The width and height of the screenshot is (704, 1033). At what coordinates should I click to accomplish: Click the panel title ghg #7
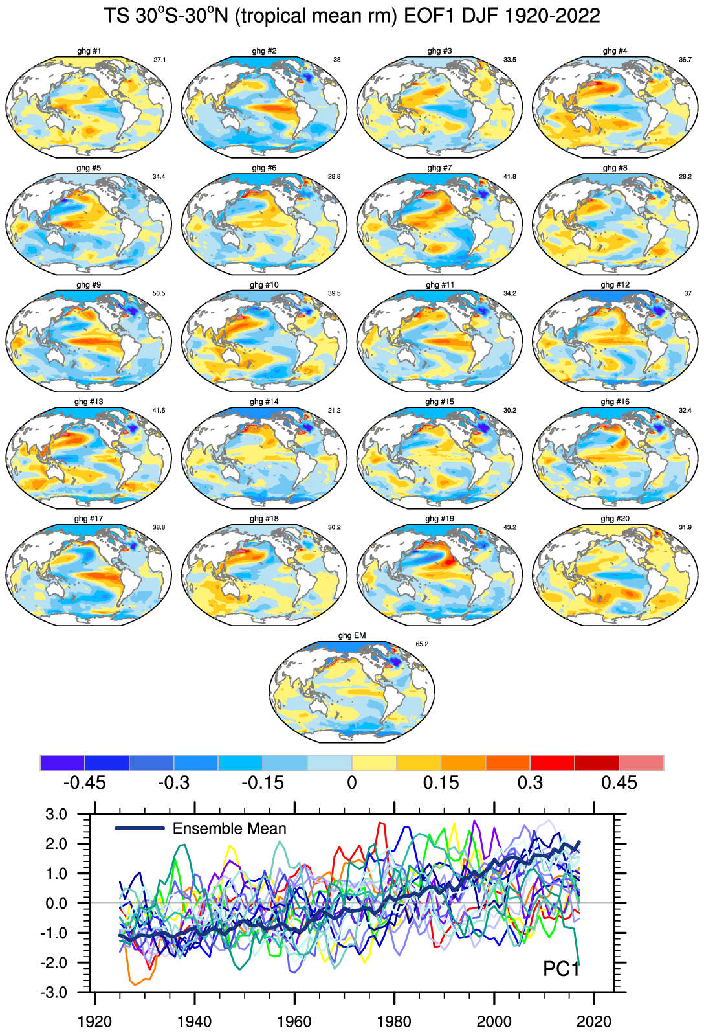tap(439, 168)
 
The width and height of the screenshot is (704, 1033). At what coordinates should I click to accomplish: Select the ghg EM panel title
tap(352, 635)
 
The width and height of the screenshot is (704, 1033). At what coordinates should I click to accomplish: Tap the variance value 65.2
tap(422, 644)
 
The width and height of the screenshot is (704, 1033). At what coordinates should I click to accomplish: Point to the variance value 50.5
tap(159, 293)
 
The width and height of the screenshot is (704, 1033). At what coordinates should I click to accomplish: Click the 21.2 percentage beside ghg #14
tap(334, 411)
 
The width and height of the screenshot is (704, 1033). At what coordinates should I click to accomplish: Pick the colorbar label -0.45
tap(84, 783)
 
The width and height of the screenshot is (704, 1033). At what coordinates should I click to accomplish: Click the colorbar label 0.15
tap(441, 783)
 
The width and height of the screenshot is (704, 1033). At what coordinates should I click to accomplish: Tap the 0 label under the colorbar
tap(352, 783)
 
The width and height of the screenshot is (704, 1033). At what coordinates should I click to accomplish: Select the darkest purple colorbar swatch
tap(62, 763)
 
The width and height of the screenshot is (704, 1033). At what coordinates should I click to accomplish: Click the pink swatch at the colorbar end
tap(641, 763)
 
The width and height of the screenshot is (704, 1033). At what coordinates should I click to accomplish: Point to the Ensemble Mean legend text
tap(229, 828)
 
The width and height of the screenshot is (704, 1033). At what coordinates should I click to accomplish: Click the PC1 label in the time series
tap(561, 969)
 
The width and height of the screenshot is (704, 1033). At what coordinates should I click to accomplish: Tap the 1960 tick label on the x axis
tap(294, 1022)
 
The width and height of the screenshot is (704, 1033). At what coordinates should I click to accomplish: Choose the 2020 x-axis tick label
tap(593, 1022)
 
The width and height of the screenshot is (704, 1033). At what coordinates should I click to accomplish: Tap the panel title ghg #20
tap(615, 519)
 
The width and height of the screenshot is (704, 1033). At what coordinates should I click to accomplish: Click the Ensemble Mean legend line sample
tap(139, 828)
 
